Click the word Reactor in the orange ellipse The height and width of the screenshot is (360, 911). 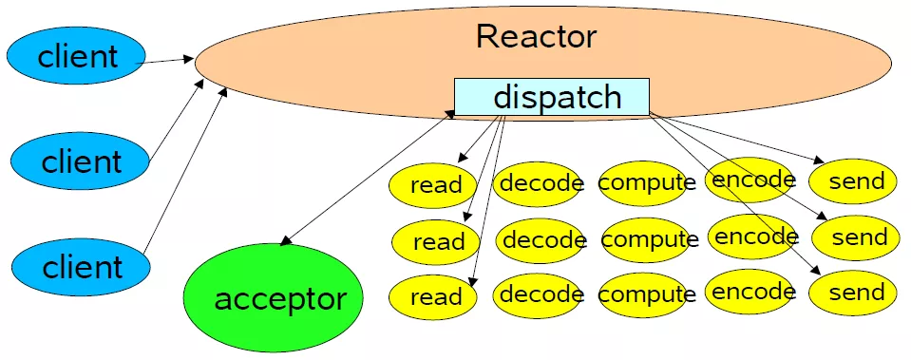click(x=536, y=36)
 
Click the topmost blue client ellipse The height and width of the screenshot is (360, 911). click(x=77, y=56)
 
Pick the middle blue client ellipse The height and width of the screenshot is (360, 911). click(x=81, y=161)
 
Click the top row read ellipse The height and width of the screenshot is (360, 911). click(x=436, y=184)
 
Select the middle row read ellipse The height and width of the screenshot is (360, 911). click(x=438, y=241)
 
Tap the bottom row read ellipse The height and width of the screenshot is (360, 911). click(x=436, y=297)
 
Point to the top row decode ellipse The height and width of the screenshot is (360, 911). click(x=541, y=182)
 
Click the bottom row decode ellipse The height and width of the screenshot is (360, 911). click(x=541, y=295)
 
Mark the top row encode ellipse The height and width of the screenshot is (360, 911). click(x=752, y=180)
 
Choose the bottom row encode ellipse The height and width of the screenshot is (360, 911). click(x=752, y=293)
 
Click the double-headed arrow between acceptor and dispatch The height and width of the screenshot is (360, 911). click(x=366, y=178)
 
